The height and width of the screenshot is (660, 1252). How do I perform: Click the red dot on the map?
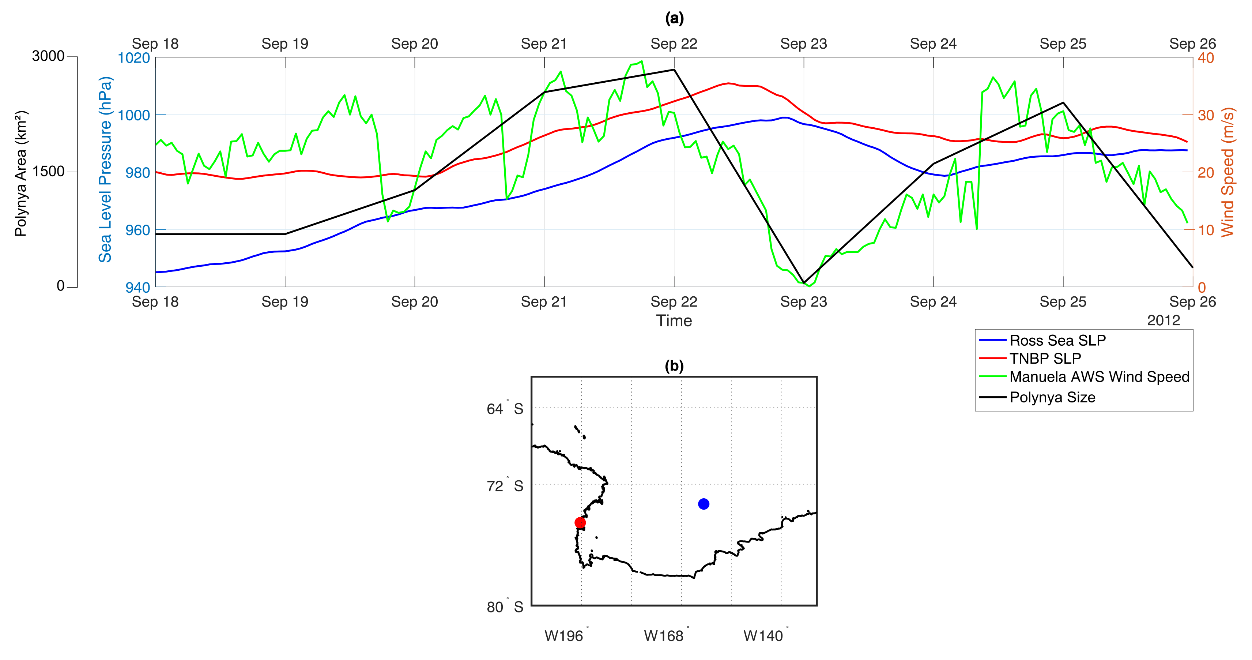580,522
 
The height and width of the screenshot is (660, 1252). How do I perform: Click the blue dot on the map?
703,504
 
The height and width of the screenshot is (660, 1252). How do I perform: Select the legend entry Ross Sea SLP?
1057,340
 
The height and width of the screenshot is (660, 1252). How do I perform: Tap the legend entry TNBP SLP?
1045,359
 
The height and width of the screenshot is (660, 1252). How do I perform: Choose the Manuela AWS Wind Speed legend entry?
1099,377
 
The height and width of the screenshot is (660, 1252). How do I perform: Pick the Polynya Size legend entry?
1052,397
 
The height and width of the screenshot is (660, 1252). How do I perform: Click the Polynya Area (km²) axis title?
21,174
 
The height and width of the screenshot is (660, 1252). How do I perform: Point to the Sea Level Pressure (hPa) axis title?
105,169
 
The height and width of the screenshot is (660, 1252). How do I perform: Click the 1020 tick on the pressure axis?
134,58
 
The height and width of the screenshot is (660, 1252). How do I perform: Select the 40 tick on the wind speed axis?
1206,58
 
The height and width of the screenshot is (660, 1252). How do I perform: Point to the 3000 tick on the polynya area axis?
48,56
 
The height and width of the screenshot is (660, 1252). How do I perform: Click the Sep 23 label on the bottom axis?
803,302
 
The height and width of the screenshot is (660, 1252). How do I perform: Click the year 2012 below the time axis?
1164,320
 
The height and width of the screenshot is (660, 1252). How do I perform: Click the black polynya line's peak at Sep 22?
674,70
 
